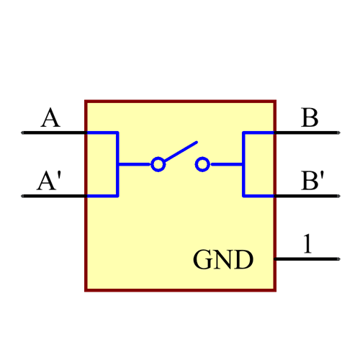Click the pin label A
pyautogui.click(x=50, y=117)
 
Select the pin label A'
pyautogui.click(x=49, y=181)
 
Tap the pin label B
pyautogui.click(x=310, y=117)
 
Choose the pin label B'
pyautogui.click(x=312, y=181)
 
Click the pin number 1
pyautogui.click(x=307, y=243)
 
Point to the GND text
pyautogui.click(x=223, y=259)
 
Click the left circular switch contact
pyautogui.click(x=158, y=165)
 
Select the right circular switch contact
pyautogui.click(x=202, y=165)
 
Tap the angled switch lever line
pyautogui.click(x=180, y=151)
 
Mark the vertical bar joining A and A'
pyautogui.click(x=117, y=164)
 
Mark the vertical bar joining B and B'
pyautogui.click(x=244, y=164)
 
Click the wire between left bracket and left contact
pyautogui.click(x=135, y=165)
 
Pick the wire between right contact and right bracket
pyautogui.click(x=226, y=165)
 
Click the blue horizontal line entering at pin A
pyautogui.click(x=101, y=133)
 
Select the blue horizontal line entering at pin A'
pyautogui.click(x=101, y=195)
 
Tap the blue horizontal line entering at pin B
pyautogui.click(x=259, y=133)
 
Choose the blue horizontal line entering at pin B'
pyautogui.click(x=259, y=195)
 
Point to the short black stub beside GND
pyautogui.click(x=276, y=257)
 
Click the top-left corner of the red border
pyautogui.click(x=86, y=102)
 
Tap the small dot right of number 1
pyautogui.click(x=338, y=257)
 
